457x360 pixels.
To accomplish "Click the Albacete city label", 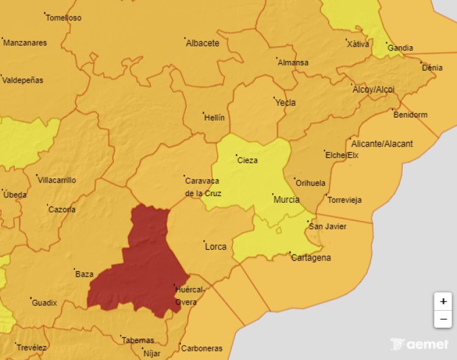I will coord(202,43).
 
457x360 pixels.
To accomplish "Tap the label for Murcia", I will coord(286,200).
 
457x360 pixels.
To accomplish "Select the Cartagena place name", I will coord(311,258).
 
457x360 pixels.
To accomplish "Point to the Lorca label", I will coord(216,247).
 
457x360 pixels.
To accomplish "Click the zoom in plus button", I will coord(443,302).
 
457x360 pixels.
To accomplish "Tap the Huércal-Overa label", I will coord(190,295).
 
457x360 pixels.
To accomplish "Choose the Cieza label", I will coord(247,161).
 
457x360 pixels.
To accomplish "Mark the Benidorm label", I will coord(410,115).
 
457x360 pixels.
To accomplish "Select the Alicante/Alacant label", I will coord(382,144).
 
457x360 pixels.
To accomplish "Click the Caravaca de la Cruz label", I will coord(203,186).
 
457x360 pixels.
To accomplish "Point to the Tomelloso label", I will coord(63,18).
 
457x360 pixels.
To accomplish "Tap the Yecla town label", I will coord(285,102).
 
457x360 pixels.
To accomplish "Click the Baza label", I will coord(84,274).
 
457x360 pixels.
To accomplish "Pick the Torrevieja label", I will coord(344,200).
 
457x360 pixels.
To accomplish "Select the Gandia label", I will coord(400,48).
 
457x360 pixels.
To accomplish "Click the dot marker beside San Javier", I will coord(308,221).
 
